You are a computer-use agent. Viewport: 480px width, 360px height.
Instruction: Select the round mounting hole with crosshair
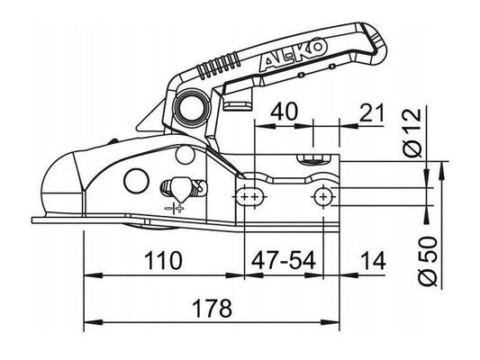click(x=322, y=195)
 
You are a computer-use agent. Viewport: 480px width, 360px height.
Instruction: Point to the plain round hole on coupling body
click(x=138, y=178)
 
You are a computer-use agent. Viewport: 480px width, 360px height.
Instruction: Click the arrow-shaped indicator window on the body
click(x=179, y=189)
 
